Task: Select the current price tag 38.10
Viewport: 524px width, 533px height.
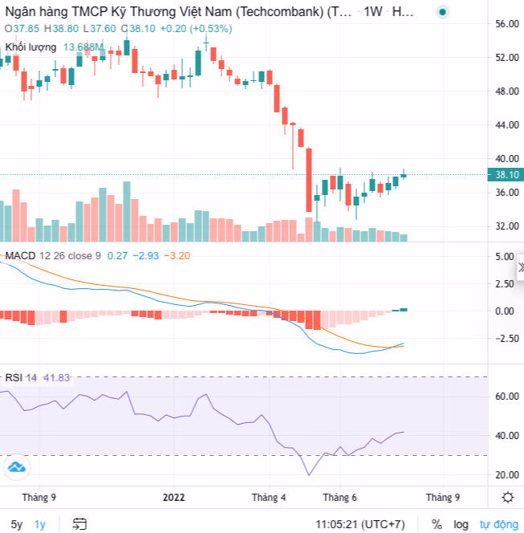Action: tap(507, 175)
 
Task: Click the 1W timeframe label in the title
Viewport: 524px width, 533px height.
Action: tap(373, 12)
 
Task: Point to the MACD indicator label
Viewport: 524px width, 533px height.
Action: tap(21, 255)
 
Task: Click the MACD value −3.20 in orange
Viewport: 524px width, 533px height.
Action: tap(177, 255)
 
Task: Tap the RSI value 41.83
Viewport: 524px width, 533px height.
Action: tap(55, 377)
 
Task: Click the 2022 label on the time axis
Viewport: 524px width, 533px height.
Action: tap(174, 497)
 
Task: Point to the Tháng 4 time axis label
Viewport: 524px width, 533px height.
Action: tap(268, 497)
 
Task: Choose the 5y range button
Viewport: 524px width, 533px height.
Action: tap(17, 524)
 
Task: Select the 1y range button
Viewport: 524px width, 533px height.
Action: tap(40, 524)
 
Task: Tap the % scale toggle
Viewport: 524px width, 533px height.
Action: tap(437, 524)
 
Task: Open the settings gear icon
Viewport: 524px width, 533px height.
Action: tap(507, 497)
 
